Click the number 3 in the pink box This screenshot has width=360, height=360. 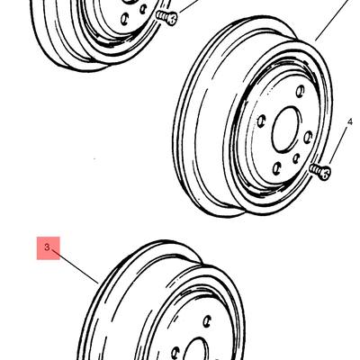pos(47,247)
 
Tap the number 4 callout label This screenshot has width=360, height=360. pos(350,121)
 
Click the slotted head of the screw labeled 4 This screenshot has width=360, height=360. pos(324,173)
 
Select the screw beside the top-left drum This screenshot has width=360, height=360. pos(167,17)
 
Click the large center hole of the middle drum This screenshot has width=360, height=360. pos(286,129)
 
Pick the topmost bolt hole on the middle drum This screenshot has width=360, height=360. pos(300,91)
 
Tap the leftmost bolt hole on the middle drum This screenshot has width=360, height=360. pos(262,121)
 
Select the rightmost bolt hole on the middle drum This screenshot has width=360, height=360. pos(308,137)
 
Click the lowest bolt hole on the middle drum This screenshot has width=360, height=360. pos(277,168)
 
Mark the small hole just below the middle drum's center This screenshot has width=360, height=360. pos(296,158)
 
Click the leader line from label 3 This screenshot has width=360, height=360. pos(76,265)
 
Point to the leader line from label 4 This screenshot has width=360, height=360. pos(339,145)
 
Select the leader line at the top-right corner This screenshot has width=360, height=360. pos(333,20)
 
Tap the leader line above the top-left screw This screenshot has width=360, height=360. pos(188,6)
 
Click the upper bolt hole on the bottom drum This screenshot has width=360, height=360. pos(206,321)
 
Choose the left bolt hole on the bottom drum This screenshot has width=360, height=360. pos(175,353)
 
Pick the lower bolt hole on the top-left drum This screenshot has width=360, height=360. pos(124,19)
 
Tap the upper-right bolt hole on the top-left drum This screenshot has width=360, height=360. pos(143,9)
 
